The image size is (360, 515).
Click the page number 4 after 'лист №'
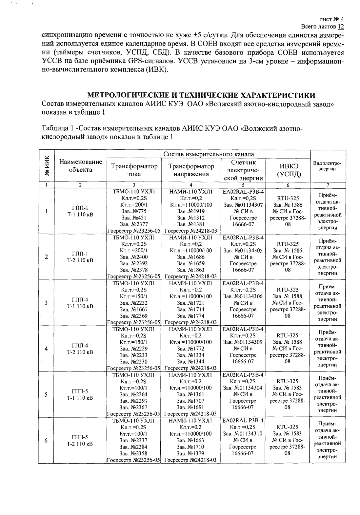click(342, 19)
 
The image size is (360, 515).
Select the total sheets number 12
click(341, 26)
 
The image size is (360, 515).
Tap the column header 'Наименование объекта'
click(81, 166)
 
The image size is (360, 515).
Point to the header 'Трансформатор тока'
click(134, 170)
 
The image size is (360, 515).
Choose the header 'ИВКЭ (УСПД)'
click(288, 170)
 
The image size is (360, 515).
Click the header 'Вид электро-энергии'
click(327, 166)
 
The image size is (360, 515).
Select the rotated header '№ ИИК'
click(47, 166)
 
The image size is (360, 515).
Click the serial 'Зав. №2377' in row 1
click(134, 224)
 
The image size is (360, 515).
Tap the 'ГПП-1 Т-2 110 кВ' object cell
click(80, 257)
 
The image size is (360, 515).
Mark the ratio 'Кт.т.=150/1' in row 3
click(134, 296)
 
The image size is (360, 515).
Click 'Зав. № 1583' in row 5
click(288, 388)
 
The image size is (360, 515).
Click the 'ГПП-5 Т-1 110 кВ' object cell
click(80, 394)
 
